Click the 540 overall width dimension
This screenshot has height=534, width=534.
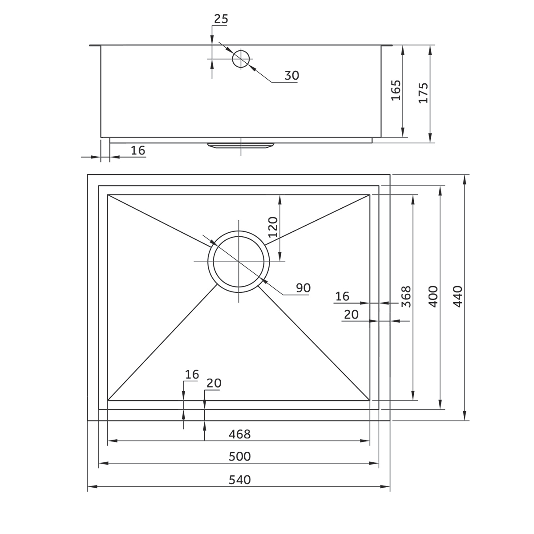coord(239,480)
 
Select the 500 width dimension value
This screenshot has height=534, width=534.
coord(239,456)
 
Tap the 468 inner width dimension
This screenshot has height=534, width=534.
coord(239,433)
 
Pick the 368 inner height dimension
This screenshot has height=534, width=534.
coord(405,296)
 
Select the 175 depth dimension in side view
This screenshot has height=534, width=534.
coord(423,93)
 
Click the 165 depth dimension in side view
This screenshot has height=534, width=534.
coord(396,90)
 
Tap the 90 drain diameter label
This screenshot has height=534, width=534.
coord(303,288)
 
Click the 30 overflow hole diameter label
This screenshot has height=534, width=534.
coord(291,76)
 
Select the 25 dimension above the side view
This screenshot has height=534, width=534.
coord(221,19)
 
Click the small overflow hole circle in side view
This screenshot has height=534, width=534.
coord(241,58)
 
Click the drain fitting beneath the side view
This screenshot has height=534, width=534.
coord(240,146)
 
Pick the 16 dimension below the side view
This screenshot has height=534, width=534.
coord(138,150)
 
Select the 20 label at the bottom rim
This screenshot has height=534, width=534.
coord(214,383)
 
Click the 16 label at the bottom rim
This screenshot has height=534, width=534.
coord(192,374)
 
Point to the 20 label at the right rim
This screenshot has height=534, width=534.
coord(351,315)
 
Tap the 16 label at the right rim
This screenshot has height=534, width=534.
coord(342,296)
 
